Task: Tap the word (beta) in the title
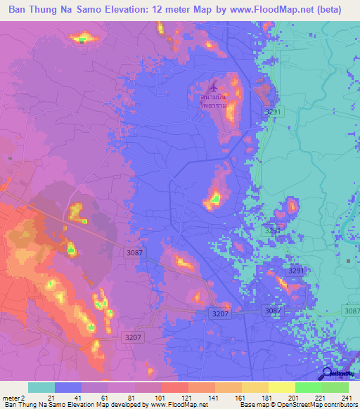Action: pos(341,10)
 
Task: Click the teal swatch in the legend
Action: pos(41,387)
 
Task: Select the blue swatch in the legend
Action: pos(68,387)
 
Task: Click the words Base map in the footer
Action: pos(249,405)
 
